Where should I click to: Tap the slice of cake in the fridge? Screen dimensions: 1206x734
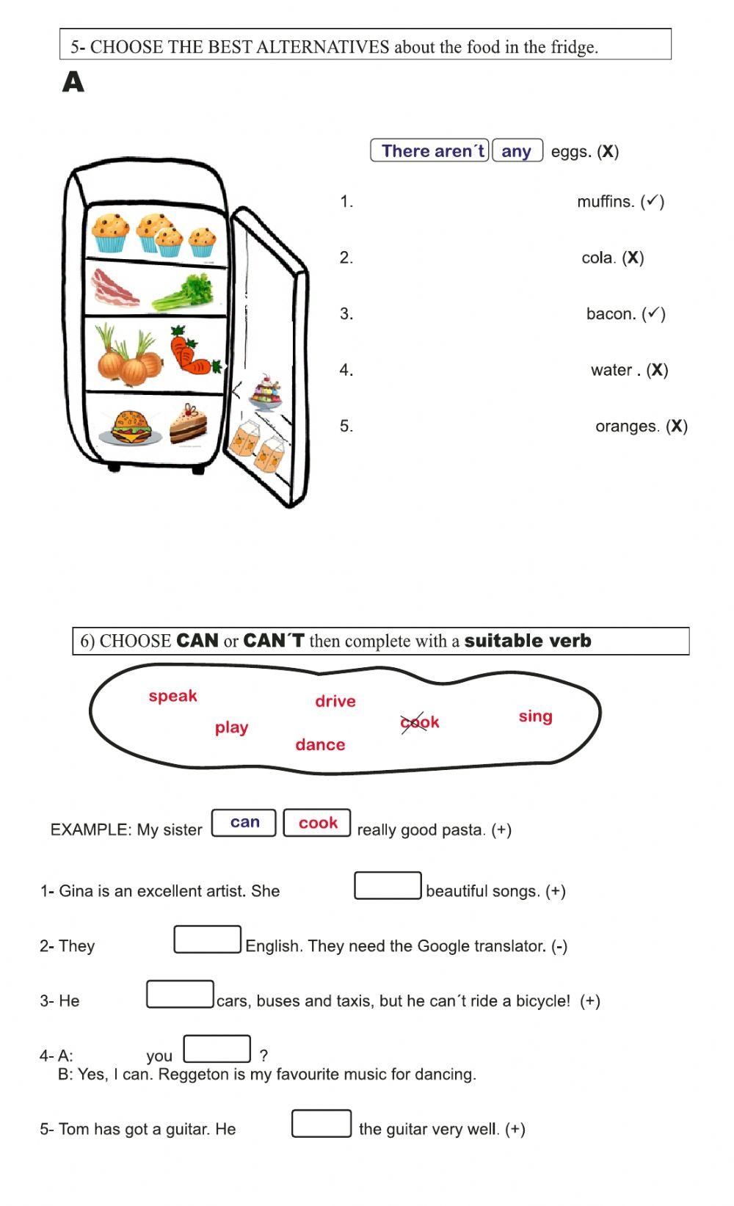[188, 425]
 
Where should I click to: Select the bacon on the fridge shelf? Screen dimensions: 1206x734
[115, 288]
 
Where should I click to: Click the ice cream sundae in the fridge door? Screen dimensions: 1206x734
[265, 393]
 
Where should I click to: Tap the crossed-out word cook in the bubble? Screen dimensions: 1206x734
[420, 722]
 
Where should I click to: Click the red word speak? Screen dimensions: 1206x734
[172, 696]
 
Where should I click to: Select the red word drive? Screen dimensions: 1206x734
[335, 702]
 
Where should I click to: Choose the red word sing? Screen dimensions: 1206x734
[535, 716]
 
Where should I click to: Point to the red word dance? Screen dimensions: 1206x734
[320, 745]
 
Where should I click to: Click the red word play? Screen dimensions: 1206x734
[231, 727]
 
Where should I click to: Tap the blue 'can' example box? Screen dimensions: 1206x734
[244, 823]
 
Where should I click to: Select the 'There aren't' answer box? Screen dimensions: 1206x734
[430, 151]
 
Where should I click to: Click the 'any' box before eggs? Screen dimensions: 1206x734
[517, 151]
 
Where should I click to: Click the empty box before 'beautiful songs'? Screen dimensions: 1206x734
[388, 885]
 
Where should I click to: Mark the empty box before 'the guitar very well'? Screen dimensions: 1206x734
[321, 1124]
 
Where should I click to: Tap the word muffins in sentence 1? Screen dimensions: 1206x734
[606, 202]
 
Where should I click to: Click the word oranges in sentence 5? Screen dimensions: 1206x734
[628, 426]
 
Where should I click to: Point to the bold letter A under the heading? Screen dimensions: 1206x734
[73, 82]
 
